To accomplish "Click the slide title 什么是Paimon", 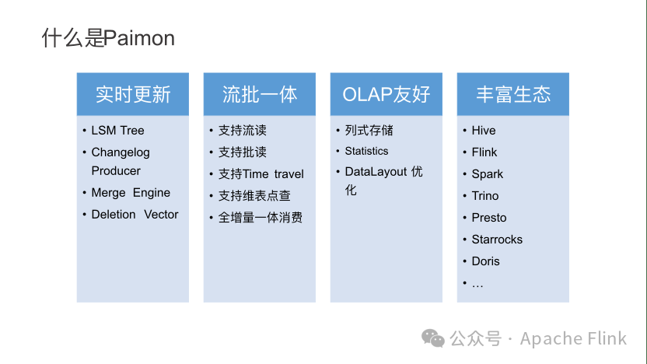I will click(x=108, y=38).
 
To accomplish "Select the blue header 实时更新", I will click(x=133, y=95).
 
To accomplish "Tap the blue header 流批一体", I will click(x=260, y=95).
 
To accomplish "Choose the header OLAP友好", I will click(x=386, y=95).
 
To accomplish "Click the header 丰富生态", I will click(x=513, y=95).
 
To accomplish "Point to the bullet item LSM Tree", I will click(x=117, y=131).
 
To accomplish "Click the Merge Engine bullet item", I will click(x=131, y=193).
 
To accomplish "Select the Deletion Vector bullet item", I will click(x=135, y=215).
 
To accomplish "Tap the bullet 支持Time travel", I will click(x=261, y=174).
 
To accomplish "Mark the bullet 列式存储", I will click(x=369, y=131).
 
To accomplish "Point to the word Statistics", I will click(x=366, y=151).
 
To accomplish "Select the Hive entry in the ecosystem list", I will click(x=483, y=131).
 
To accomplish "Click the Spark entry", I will click(x=487, y=174).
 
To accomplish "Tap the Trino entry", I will click(x=484, y=196).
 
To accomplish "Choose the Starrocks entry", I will click(x=497, y=240).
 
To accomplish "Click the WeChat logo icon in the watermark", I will click(x=433, y=338).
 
